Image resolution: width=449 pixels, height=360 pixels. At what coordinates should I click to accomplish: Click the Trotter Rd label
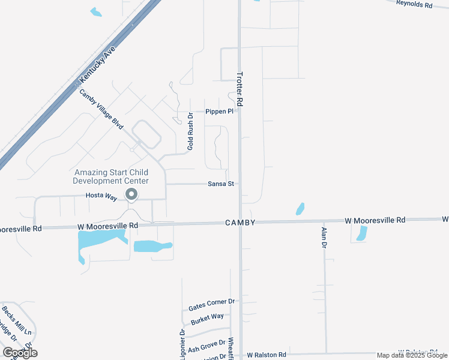[240, 90]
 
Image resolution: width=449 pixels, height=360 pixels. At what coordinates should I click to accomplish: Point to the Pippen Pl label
[219, 112]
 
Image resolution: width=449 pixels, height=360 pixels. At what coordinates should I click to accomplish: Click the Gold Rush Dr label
[190, 131]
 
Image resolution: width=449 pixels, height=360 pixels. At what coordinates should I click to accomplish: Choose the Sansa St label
[221, 184]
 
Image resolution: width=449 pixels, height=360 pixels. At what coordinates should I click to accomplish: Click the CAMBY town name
[241, 223]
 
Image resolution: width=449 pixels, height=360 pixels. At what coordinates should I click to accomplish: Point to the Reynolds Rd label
[414, 4]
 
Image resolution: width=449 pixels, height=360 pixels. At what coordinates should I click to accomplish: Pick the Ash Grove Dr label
[205, 348]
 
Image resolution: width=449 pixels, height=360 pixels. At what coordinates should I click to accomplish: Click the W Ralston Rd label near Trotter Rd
[267, 355]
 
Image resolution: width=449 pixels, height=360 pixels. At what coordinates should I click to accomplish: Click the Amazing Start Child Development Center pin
[131, 194]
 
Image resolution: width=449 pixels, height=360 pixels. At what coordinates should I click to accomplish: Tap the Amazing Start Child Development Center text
[111, 176]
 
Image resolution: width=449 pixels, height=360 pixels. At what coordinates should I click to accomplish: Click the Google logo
[20, 352]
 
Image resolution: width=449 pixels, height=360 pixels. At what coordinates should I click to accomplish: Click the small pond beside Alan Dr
[362, 233]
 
